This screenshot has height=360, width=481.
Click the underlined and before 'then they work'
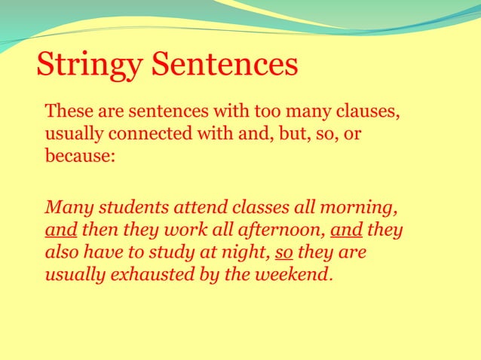click(60, 230)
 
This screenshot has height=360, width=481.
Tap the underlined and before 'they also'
click(346, 230)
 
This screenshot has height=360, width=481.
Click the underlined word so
click(283, 252)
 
